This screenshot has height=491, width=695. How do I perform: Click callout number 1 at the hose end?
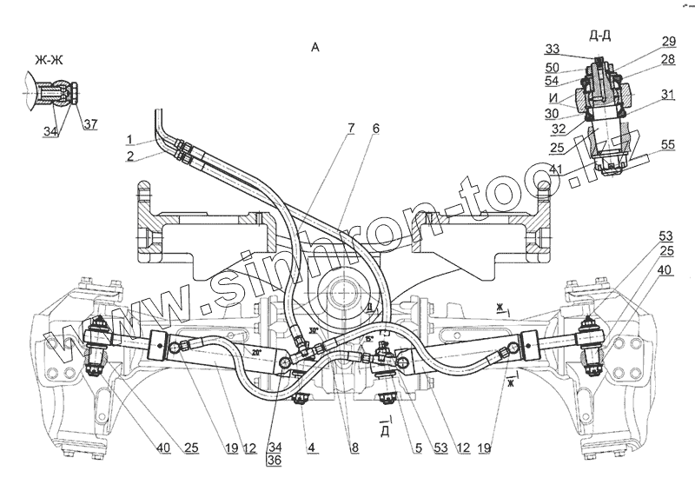(x=128, y=139)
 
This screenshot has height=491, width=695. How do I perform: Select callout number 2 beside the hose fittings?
(x=128, y=156)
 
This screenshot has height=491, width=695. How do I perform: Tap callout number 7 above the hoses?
(x=350, y=129)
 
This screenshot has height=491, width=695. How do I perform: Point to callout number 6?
(x=375, y=129)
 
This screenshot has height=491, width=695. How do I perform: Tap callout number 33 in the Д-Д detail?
(x=553, y=50)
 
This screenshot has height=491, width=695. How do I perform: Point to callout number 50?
(x=553, y=67)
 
